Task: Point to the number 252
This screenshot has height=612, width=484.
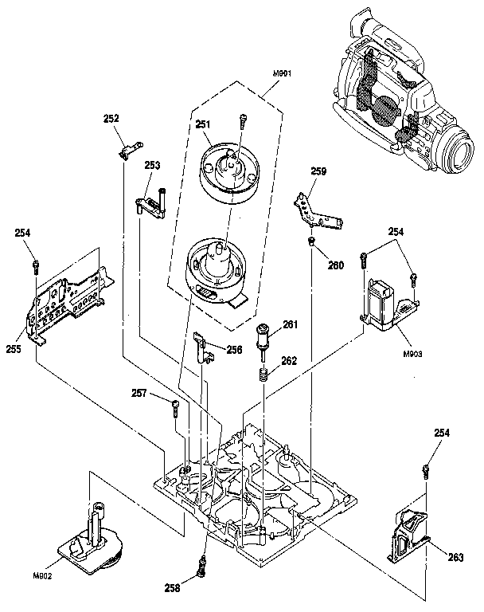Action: pos(111,119)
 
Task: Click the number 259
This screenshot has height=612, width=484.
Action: pos(318,171)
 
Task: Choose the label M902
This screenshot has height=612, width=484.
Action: pos(42,575)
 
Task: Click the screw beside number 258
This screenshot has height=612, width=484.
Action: pos(202,568)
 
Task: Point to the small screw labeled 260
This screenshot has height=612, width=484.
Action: pos(312,240)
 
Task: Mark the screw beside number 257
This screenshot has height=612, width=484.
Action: pos(174,407)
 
